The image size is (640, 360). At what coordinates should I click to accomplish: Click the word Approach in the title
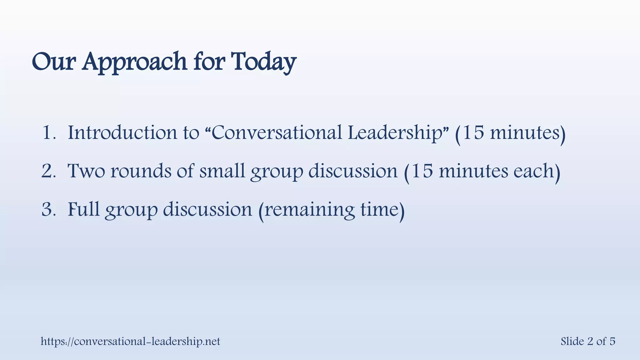coord(134,62)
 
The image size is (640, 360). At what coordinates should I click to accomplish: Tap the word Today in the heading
coord(263,62)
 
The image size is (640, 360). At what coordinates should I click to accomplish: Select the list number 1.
coord(47,132)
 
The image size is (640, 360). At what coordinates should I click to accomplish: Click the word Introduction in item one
coord(122,132)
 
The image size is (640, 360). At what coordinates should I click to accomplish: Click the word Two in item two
coord(86,171)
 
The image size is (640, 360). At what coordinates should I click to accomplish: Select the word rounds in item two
coord(141,171)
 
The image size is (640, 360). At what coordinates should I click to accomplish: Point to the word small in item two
coord(222,171)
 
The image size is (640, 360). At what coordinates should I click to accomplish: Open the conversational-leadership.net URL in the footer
coord(130,341)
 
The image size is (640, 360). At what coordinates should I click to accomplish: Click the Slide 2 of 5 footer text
coord(587,341)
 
